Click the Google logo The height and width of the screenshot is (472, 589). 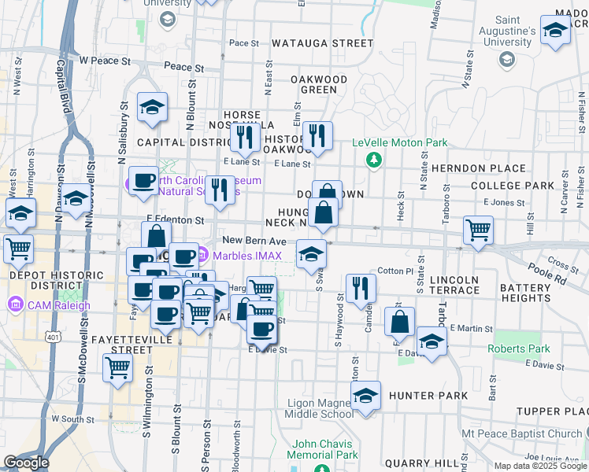point(26,462)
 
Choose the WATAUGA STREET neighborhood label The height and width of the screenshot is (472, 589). point(324,43)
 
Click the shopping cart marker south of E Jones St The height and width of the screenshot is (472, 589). point(478,230)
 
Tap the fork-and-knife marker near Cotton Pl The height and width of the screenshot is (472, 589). point(361,288)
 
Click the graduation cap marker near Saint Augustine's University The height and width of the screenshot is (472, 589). point(555,32)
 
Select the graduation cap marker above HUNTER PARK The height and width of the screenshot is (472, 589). point(365,397)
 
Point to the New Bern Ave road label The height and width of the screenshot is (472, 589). point(246,241)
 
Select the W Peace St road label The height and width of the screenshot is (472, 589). point(105,60)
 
